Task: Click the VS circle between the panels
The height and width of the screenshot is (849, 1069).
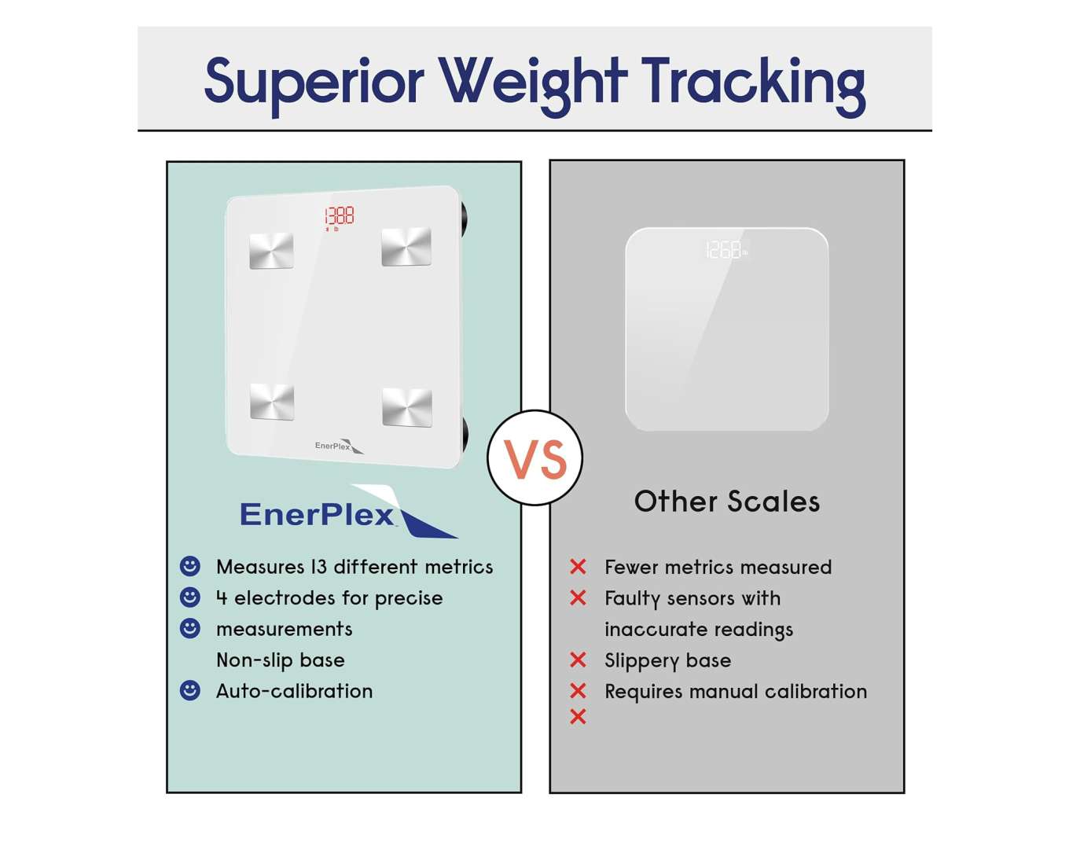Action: (534, 458)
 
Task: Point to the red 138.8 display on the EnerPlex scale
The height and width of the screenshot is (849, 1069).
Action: (340, 216)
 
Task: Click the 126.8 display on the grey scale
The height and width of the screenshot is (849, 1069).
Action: (726, 249)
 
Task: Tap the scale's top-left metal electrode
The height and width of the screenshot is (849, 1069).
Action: (271, 251)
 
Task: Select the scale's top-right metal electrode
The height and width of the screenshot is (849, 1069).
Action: (406, 246)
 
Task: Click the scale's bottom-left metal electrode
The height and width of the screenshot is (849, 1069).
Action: (272, 402)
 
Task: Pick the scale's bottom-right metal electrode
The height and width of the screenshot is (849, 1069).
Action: (407, 407)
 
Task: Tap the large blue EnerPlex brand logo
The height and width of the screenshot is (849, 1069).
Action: (349, 512)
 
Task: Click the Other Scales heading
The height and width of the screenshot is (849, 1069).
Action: (727, 502)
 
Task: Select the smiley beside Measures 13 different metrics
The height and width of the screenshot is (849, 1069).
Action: (189, 566)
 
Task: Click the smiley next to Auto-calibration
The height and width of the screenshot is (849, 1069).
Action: (189, 690)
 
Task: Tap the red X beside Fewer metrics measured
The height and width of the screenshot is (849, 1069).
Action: (578, 566)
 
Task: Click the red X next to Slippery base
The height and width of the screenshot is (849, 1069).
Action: (578, 660)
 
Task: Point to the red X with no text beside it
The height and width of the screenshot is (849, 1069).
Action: (578, 716)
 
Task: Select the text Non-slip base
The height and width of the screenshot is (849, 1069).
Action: (281, 660)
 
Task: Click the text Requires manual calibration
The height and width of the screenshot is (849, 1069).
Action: (736, 692)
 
